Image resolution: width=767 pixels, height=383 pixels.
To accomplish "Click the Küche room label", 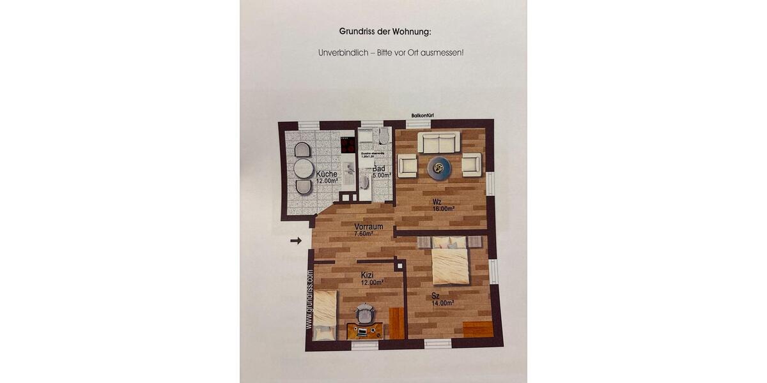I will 326,174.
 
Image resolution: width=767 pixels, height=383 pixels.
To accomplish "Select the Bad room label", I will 379,169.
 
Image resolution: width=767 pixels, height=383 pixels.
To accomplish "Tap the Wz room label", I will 437,202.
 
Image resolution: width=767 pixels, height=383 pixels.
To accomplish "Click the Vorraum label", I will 368,227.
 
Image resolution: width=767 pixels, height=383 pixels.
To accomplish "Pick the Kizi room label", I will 367,274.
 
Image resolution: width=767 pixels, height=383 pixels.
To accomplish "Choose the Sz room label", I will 435,296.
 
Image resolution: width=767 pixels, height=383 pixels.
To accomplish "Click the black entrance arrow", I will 295,241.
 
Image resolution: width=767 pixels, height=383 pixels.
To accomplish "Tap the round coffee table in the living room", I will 439,168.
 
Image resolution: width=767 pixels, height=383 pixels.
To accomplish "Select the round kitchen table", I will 304,169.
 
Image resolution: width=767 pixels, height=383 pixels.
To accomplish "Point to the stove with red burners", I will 348,144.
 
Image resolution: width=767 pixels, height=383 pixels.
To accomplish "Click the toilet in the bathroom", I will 383,136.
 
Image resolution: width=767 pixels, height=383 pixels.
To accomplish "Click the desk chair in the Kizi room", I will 365,314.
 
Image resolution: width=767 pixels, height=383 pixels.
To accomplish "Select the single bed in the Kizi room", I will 325,315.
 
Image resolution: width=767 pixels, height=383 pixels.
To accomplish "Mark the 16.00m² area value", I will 443,209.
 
